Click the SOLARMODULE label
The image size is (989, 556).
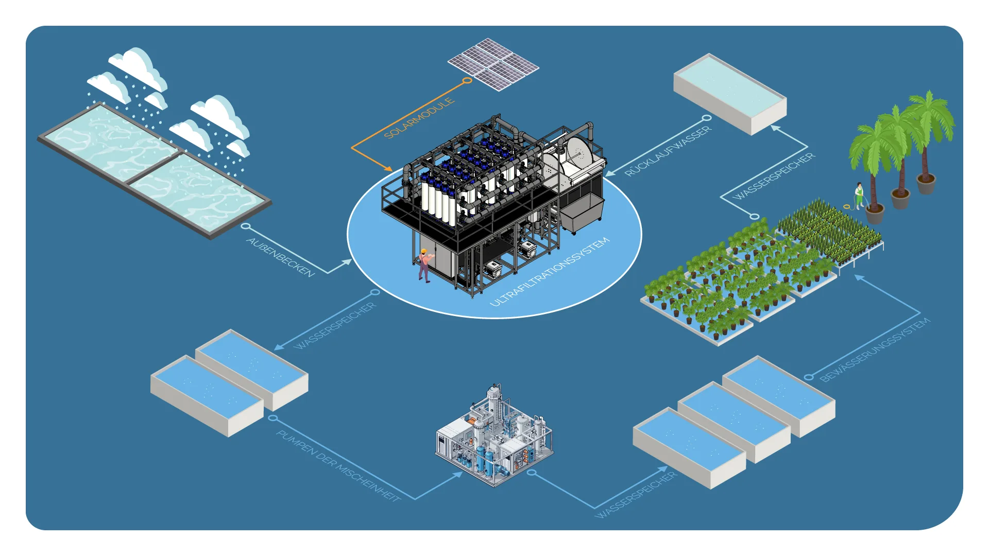coord(419,118)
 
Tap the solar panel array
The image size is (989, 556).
coord(493,64)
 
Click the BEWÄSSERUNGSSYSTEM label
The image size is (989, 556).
coord(875,350)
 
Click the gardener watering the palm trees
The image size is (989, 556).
coord(859,196)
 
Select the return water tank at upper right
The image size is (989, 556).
coord(730,94)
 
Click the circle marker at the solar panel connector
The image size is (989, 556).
coord(467,81)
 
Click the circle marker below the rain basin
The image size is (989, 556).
coord(246,226)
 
